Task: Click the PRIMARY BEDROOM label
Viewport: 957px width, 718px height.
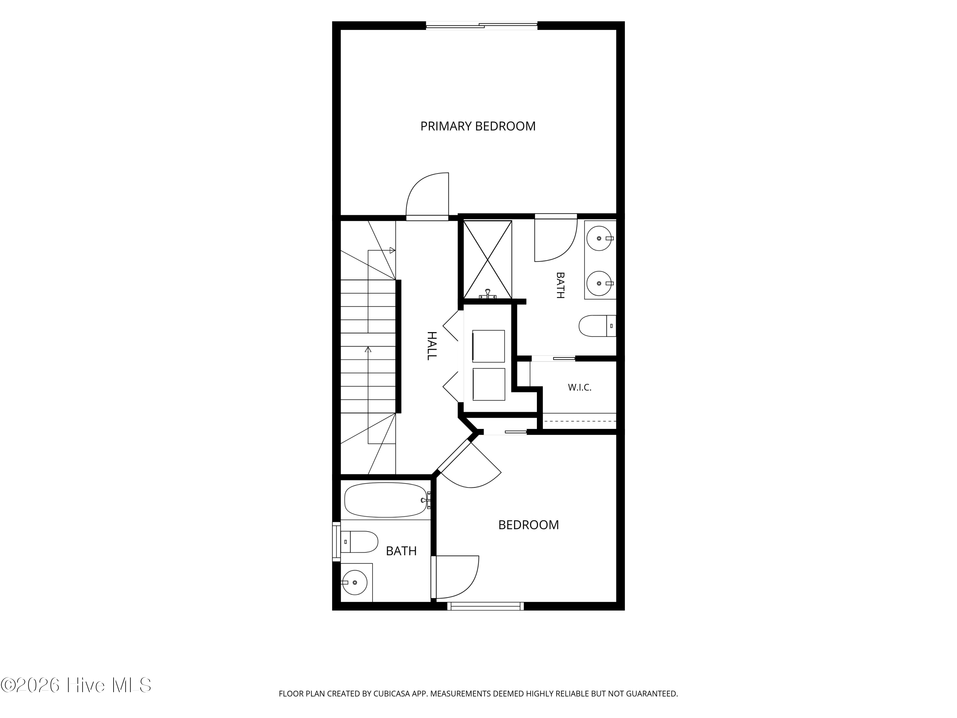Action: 478,126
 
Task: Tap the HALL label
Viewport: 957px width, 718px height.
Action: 432,346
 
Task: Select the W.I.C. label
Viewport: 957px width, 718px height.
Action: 579,387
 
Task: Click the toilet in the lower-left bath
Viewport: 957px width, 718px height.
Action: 359,542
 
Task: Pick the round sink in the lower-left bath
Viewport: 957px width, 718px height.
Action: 355,582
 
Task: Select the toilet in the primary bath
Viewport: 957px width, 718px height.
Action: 597,326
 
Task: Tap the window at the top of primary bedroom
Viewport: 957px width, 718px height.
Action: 481,26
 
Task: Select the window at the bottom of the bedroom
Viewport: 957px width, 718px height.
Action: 486,606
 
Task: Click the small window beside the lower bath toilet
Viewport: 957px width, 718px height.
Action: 336,542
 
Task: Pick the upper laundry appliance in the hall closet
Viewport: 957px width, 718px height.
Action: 488,346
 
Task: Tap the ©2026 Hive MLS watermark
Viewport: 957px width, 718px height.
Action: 76,685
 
